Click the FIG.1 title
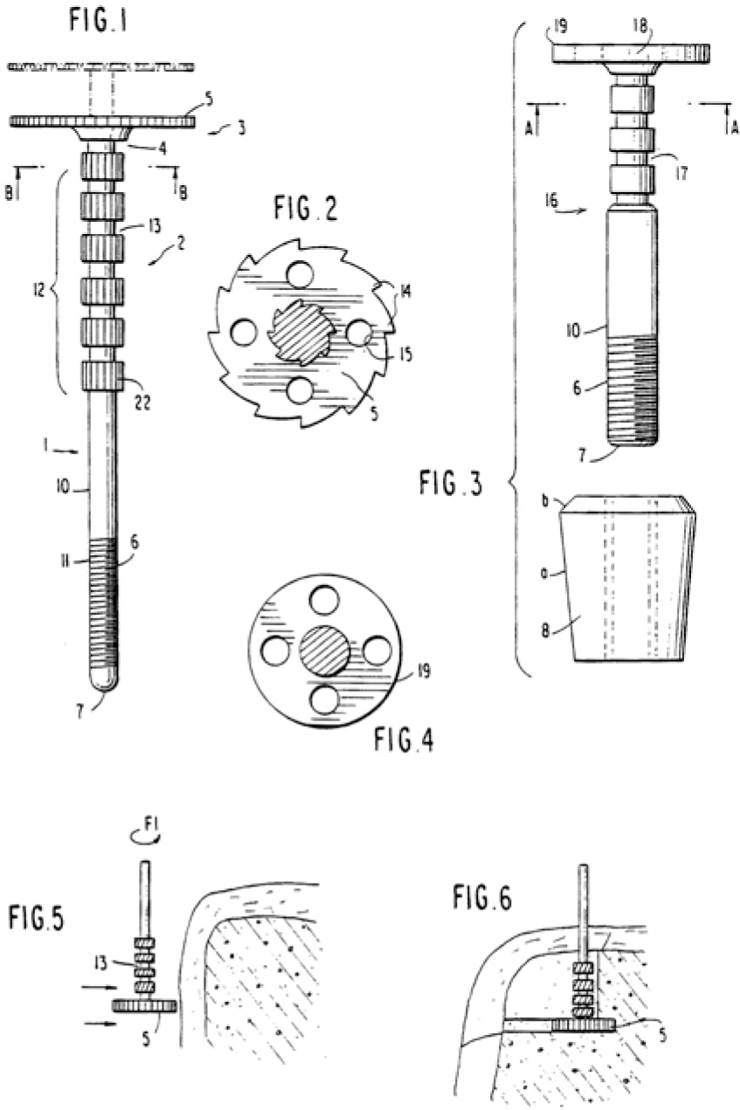point(98,21)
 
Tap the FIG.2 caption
point(307,209)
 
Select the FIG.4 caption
point(404,740)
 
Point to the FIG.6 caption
point(481,899)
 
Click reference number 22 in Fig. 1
point(142,403)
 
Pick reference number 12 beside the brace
point(38,289)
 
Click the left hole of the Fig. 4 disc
point(275,651)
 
